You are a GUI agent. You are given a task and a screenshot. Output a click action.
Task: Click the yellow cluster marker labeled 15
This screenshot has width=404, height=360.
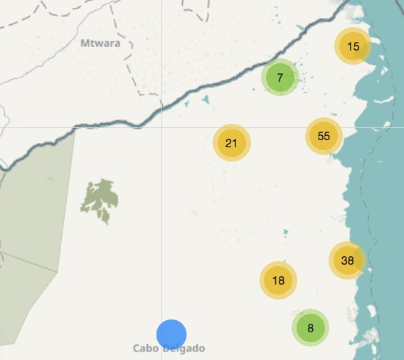[x=353, y=47]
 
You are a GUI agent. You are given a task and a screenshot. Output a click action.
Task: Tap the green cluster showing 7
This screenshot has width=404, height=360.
[x=280, y=78]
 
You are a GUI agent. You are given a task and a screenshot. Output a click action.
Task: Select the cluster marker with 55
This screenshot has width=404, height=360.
[x=324, y=136]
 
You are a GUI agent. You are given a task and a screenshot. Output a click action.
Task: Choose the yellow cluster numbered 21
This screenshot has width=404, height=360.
[x=231, y=143]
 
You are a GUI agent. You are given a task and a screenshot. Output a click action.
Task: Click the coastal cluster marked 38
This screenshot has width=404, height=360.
[x=347, y=260]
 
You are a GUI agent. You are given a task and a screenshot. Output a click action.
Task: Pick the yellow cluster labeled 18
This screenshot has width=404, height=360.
[x=278, y=280]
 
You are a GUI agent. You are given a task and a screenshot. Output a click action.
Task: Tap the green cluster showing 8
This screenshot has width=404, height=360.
[x=310, y=328]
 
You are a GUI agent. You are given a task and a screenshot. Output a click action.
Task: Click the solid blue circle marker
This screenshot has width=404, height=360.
[x=171, y=334]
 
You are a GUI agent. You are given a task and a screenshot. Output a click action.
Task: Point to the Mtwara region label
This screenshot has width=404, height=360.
[x=100, y=43]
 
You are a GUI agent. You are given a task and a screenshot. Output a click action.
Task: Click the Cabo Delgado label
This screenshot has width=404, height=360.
[x=169, y=349]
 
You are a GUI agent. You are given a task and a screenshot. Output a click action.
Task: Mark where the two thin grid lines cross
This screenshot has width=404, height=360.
[x=161, y=127]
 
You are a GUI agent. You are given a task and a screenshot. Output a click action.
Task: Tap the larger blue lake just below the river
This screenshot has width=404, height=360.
[x=206, y=100]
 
